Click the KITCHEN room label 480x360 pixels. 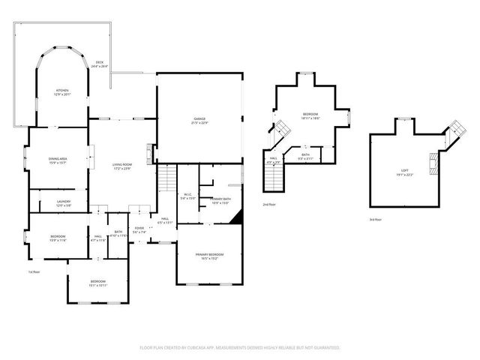[61, 92]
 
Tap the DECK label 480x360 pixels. [100, 64]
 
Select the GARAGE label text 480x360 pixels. [199, 121]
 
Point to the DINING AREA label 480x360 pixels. [58, 160]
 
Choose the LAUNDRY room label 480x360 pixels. [64, 203]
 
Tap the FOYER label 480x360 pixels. [139, 229]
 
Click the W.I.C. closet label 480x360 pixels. [188, 197]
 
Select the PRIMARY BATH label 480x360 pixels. [220, 200]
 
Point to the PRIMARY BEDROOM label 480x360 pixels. [210, 256]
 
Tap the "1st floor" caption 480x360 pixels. [34, 271]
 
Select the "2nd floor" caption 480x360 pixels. [268, 204]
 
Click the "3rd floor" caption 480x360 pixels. [375, 220]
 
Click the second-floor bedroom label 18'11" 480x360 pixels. [310, 116]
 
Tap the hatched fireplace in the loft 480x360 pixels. [433, 163]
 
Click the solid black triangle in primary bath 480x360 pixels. [238, 217]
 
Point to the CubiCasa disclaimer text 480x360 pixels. [240, 348]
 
